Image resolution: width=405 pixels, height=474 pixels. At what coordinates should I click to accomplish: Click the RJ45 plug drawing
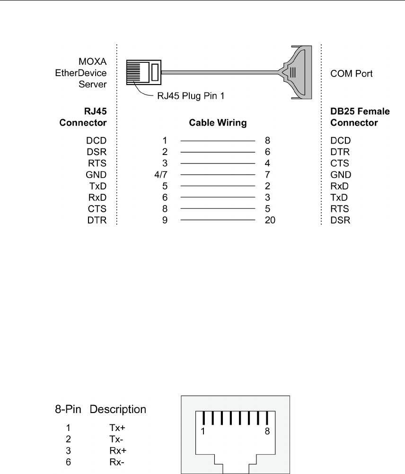[x=144, y=72]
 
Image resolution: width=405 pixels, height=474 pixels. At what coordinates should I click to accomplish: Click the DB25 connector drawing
[x=298, y=72]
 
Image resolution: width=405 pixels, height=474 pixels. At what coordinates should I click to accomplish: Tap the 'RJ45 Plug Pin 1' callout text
[x=191, y=96]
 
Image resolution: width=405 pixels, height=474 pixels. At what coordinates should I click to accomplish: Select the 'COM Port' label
[x=352, y=73]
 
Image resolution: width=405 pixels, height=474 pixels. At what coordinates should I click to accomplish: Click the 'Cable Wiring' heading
[x=218, y=123]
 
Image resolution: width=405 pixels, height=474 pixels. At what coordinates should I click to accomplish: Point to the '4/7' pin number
[x=161, y=175]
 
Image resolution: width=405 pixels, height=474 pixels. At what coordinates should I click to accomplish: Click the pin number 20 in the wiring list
[x=270, y=220]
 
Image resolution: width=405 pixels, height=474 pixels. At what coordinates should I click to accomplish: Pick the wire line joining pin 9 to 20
[x=218, y=220]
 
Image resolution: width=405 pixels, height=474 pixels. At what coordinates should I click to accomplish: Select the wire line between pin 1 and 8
[x=218, y=140]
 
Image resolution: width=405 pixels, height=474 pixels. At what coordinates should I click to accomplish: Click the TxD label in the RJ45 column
[x=98, y=186]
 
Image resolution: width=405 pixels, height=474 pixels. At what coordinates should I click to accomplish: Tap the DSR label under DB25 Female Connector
[x=340, y=220]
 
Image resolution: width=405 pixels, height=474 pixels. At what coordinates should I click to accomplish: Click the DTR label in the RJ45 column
[x=97, y=220]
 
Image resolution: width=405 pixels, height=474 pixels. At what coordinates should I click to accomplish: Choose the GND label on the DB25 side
[x=341, y=175]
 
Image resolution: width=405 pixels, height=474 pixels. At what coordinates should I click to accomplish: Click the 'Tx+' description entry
[x=117, y=428]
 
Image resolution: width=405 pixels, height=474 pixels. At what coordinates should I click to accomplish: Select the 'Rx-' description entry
[x=117, y=462]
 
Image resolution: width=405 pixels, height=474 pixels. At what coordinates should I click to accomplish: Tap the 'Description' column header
[x=118, y=409]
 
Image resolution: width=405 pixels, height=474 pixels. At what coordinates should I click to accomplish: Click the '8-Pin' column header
[x=68, y=409]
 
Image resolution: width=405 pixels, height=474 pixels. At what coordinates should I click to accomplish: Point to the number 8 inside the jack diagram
[x=267, y=431]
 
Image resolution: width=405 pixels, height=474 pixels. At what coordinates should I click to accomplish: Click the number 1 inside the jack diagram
[x=203, y=431]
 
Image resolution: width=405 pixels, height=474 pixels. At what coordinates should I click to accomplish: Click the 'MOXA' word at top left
[x=93, y=61]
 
